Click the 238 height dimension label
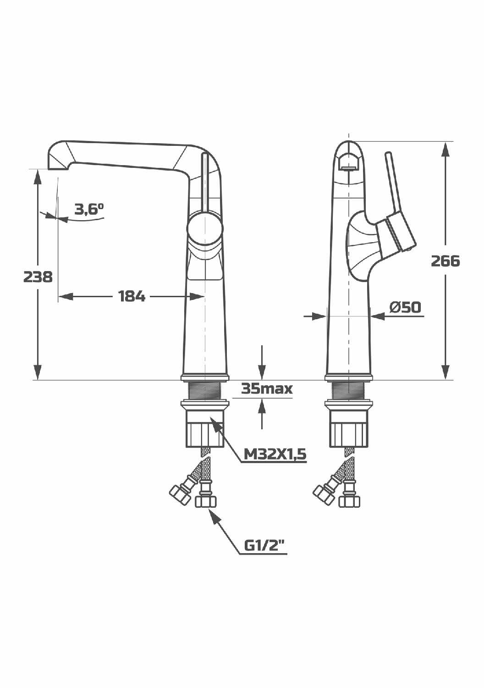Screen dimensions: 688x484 38,277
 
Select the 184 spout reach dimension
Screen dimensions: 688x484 132,297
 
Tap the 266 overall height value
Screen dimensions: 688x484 445,261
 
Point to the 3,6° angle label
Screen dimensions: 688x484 89,210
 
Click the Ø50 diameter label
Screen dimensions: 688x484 405,307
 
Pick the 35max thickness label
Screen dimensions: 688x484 267,389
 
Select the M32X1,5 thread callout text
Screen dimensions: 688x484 275,454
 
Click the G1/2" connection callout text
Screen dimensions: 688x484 264,545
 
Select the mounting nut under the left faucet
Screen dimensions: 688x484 204,429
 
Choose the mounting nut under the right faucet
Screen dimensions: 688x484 349,429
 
